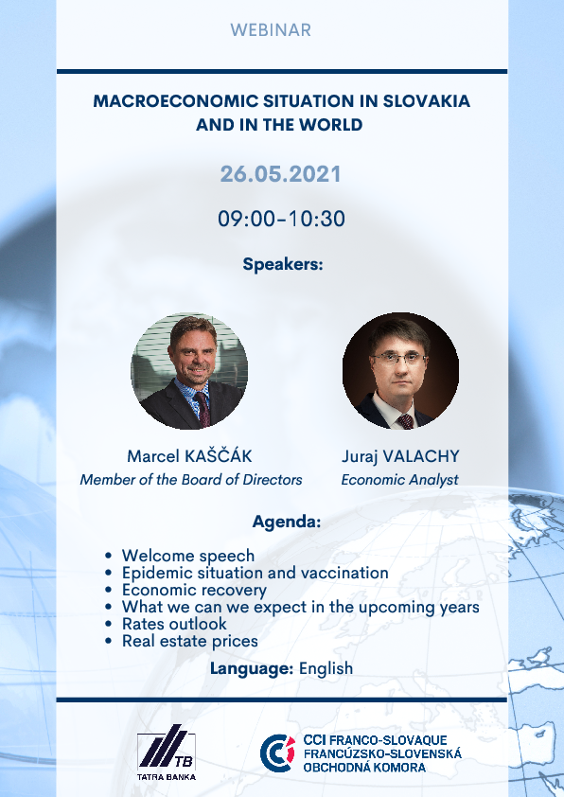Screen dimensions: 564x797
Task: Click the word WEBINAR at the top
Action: click(271, 30)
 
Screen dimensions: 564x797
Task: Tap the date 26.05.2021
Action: click(280, 174)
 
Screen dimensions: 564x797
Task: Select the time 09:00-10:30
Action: click(281, 219)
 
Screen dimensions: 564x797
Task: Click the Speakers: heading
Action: click(283, 264)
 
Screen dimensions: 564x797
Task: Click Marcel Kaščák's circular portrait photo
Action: click(189, 371)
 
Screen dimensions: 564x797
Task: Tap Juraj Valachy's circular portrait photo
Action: click(400, 371)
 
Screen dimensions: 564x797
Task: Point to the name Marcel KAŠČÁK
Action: click(189, 456)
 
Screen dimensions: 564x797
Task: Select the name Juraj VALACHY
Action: click(400, 456)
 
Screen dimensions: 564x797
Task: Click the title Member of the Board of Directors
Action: click(191, 480)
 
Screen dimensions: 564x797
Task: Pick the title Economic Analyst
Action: click(400, 480)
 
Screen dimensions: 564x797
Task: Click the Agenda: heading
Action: click(287, 522)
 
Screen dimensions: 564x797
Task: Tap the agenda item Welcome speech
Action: click(188, 556)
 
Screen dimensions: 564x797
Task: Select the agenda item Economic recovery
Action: click(194, 590)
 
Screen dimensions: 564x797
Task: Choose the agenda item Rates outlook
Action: click(174, 624)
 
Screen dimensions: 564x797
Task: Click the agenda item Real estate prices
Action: click(190, 641)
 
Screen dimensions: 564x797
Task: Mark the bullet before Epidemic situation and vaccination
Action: click(108, 574)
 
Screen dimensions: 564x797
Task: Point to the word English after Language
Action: click(326, 669)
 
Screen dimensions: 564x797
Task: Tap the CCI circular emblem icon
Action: click(277, 753)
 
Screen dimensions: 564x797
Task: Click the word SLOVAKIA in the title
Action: click(426, 100)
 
